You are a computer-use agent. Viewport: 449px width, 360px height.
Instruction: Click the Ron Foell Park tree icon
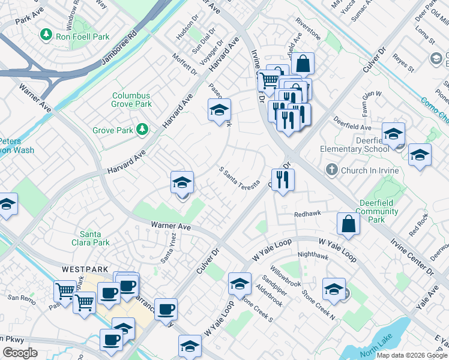point(46,36)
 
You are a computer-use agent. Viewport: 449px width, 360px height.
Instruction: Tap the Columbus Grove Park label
point(131,100)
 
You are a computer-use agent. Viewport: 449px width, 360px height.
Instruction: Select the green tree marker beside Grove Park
point(142,129)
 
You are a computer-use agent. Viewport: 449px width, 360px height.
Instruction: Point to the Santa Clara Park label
point(94,238)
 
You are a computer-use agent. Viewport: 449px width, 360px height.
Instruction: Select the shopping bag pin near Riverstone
point(304,63)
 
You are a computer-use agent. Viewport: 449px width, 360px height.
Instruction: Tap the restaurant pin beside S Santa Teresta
point(283,178)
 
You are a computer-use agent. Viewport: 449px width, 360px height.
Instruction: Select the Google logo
point(20,353)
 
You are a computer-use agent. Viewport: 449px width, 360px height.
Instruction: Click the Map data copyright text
point(411,355)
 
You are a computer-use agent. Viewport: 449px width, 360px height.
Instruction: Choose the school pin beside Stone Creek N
point(334,289)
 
